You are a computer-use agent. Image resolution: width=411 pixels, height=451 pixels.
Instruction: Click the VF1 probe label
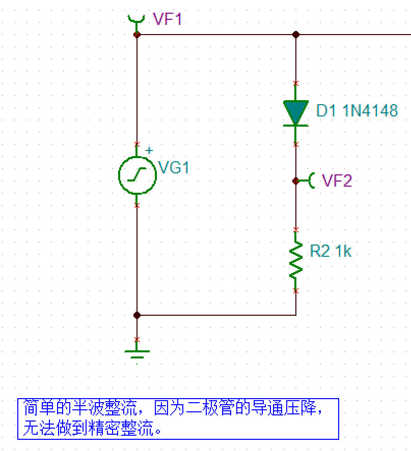click(167, 20)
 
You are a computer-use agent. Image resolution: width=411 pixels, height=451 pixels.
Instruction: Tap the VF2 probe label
click(337, 181)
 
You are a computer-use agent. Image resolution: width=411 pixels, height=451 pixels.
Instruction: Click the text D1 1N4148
click(357, 111)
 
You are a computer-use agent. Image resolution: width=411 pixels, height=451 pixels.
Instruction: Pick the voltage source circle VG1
click(136, 175)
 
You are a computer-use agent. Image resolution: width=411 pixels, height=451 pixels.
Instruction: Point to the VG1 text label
click(174, 167)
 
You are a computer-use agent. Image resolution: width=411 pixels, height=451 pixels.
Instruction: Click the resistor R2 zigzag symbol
click(296, 260)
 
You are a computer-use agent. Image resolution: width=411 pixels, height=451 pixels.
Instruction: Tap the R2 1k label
click(331, 251)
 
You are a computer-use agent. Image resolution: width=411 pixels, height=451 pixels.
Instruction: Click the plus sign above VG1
click(149, 151)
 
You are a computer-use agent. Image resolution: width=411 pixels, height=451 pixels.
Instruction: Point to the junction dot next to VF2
click(296, 181)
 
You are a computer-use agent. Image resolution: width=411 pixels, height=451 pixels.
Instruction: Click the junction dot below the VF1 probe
click(136, 35)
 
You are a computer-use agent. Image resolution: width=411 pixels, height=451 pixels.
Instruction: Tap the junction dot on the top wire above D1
click(296, 35)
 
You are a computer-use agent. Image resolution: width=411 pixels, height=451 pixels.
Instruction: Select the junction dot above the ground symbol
click(136, 315)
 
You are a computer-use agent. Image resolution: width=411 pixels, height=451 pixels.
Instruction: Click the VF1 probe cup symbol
click(135, 19)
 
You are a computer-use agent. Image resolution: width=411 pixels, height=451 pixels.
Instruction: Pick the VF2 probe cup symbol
click(311, 180)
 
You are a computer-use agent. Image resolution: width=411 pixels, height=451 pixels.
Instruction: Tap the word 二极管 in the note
click(208, 408)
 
